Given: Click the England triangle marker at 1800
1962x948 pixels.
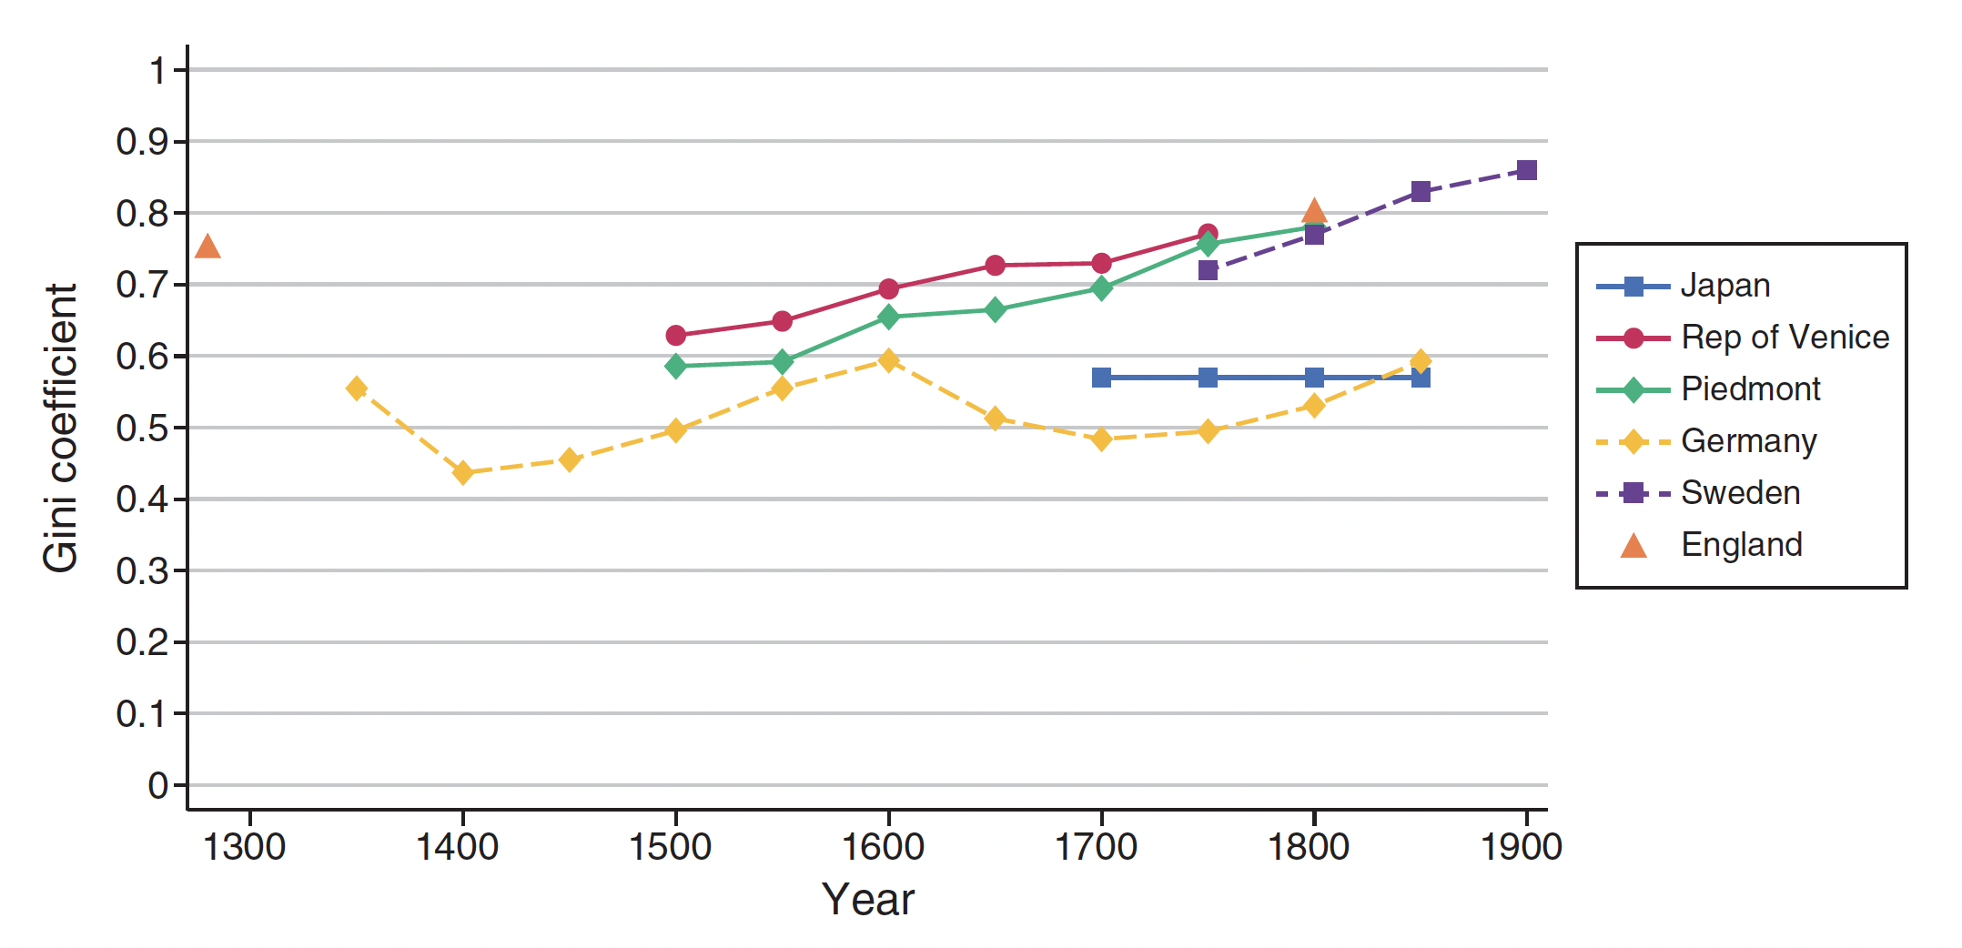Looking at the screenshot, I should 1313,213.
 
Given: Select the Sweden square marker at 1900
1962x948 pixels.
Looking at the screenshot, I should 1526,170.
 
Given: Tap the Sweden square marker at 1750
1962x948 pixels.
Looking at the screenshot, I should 1208,270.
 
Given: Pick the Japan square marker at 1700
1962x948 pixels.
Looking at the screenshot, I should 1101,378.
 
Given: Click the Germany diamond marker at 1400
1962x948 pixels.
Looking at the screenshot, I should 462,473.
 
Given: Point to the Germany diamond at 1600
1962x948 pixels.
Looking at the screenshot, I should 889,361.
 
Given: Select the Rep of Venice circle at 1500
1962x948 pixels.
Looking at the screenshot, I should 675,336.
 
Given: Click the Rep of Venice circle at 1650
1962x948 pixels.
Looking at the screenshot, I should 995,266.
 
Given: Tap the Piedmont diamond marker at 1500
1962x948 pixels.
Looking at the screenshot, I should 675,367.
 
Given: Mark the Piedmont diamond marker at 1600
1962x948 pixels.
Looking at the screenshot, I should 889,317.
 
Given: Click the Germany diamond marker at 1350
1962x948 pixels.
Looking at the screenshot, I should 357,388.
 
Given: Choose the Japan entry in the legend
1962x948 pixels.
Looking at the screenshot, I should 1724,286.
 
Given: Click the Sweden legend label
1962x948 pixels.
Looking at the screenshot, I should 1740,493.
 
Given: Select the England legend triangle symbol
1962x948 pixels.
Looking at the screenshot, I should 1633,546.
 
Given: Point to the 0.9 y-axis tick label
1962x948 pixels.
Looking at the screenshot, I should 142,142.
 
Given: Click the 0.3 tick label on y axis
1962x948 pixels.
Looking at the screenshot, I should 142,571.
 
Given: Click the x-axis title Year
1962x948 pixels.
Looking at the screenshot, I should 867,900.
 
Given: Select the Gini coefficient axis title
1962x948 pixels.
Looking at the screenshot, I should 61,428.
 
